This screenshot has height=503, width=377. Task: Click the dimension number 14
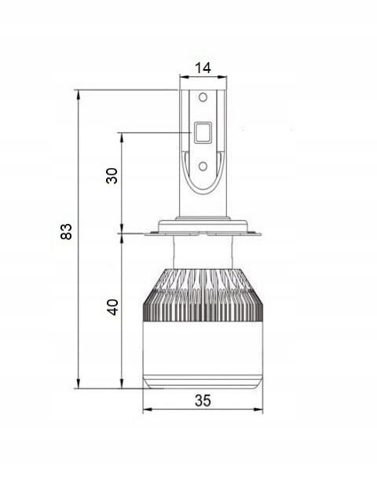click(x=203, y=68)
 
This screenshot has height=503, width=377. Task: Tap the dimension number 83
click(x=67, y=231)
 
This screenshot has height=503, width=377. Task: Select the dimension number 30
click(x=112, y=175)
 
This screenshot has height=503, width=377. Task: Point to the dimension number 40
click(x=112, y=307)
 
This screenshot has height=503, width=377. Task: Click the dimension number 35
click(x=203, y=401)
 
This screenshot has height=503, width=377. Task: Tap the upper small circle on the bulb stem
click(x=203, y=97)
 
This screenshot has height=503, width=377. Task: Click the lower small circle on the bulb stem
click(x=203, y=166)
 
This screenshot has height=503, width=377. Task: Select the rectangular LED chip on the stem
click(x=203, y=132)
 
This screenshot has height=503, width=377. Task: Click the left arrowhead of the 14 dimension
click(x=184, y=77)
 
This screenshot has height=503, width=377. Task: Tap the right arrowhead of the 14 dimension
click(x=222, y=77)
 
